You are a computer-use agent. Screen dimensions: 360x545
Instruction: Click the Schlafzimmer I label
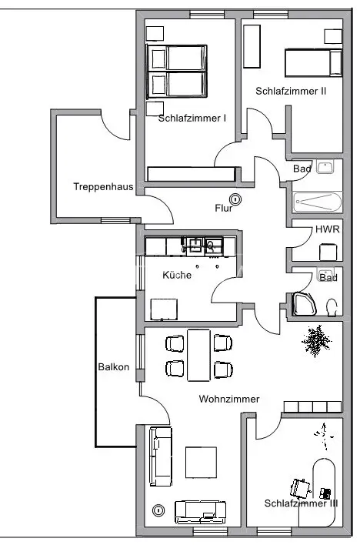tap(192, 119)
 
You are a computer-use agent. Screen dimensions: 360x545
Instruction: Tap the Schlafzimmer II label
tap(291, 91)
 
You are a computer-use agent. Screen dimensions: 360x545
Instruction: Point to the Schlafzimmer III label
tap(301, 503)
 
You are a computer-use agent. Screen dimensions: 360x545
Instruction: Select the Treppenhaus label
tap(103, 186)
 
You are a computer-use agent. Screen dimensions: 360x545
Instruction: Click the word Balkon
tap(114, 367)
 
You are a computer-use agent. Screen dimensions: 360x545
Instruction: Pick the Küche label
tap(177, 275)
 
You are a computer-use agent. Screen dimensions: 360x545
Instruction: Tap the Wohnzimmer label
tap(229, 399)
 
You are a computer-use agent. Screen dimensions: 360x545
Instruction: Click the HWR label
tap(328, 229)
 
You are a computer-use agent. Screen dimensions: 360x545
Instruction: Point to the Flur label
tap(223, 208)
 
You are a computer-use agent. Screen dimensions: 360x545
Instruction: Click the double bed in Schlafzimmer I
tap(176, 72)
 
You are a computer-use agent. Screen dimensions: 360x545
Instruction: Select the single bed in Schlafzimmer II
tap(313, 63)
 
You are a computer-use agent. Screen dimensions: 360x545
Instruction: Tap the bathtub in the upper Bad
tap(317, 202)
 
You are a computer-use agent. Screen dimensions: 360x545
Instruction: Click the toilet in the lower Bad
tap(332, 307)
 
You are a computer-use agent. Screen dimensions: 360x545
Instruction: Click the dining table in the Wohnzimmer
tap(198, 355)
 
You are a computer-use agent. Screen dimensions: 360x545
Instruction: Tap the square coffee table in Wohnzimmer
tap(202, 463)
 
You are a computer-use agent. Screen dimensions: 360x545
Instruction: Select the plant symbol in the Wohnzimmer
tap(316, 340)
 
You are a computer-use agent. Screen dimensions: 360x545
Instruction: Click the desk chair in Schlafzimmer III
tap(300, 487)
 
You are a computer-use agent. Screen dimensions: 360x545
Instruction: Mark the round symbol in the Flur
tap(235, 199)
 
